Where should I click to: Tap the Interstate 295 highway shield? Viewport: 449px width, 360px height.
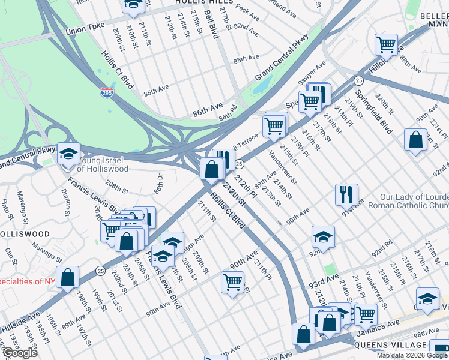pyautogui.click(x=106, y=93)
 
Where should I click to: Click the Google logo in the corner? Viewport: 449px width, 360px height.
pyautogui.click(x=19, y=353)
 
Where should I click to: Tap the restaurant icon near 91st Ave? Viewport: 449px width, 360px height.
pyautogui.click(x=346, y=194)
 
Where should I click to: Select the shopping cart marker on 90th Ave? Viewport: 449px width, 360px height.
pyautogui.click(x=232, y=281)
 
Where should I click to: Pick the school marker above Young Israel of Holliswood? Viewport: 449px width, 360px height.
pyautogui.click(x=68, y=153)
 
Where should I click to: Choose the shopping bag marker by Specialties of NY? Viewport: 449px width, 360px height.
pyautogui.click(x=67, y=277)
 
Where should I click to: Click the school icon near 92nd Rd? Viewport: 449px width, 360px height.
pyautogui.click(x=323, y=237)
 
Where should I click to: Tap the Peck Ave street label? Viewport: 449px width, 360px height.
pyautogui.click(x=247, y=9)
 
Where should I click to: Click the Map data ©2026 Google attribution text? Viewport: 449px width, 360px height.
pyautogui.click(x=411, y=355)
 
